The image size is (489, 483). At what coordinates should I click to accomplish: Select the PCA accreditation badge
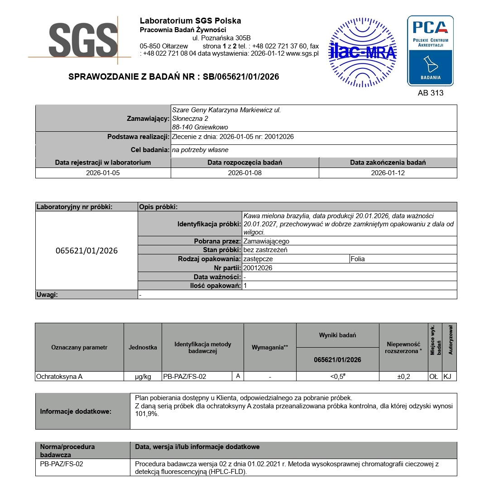click(x=430, y=51)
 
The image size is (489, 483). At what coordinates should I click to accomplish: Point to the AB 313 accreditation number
click(x=430, y=93)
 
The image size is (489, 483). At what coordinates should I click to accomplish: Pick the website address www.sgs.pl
click(x=302, y=53)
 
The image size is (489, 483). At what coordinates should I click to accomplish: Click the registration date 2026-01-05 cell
click(x=103, y=173)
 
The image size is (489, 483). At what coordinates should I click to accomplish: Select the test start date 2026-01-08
click(x=244, y=173)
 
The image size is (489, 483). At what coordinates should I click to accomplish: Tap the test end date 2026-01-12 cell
click(x=388, y=173)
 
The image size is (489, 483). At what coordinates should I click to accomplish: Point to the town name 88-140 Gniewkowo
click(x=200, y=127)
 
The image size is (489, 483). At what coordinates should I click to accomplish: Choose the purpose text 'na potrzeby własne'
click(x=200, y=150)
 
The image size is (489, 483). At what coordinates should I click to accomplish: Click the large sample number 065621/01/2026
click(x=86, y=251)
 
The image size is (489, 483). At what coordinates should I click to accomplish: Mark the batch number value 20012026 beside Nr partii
click(x=258, y=268)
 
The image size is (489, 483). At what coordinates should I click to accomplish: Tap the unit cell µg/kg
click(x=143, y=377)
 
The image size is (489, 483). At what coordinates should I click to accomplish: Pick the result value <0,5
click(x=337, y=377)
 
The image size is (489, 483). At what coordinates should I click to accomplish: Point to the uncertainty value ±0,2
click(x=403, y=377)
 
